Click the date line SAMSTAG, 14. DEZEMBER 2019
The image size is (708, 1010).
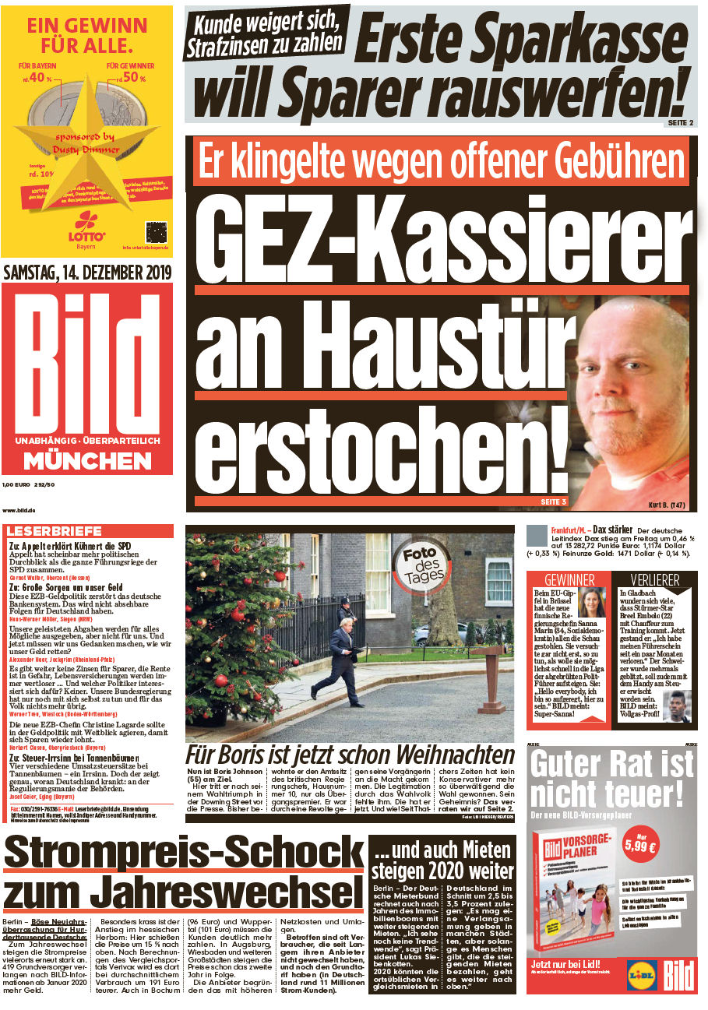point(87,273)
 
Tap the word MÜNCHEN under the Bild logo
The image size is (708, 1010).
point(87,461)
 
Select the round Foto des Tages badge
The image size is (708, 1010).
point(424,565)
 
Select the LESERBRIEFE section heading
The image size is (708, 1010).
point(55,531)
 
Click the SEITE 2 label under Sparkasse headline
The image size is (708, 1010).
point(679,123)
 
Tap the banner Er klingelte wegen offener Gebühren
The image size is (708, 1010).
point(440,161)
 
